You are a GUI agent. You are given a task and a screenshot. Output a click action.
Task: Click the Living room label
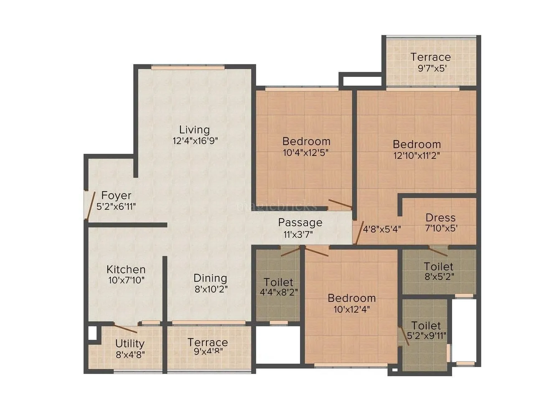click(194, 130)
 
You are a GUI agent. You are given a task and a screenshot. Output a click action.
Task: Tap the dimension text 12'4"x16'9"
click(196, 140)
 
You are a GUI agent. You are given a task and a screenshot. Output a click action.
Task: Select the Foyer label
click(116, 195)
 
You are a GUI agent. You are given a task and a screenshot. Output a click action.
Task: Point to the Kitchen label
click(126, 269)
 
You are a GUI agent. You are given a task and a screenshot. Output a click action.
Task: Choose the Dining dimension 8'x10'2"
click(211, 288)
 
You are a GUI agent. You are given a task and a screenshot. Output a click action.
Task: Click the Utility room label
click(130, 344)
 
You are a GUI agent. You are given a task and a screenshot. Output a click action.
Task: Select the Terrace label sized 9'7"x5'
click(430, 57)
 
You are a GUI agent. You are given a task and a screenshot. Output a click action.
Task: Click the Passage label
click(300, 222)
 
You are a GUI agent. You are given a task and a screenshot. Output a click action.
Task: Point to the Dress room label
click(440, 218)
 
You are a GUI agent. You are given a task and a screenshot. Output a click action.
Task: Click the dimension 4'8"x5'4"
click(382, 229)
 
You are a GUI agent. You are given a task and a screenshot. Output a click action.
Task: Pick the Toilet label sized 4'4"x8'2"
click(278, 282)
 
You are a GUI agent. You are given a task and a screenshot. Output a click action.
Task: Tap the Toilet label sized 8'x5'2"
click(438, 266)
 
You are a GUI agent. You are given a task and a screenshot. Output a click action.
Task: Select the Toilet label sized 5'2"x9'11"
click(426, 325)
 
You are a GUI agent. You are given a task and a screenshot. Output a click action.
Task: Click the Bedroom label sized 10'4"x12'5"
click(306, 141)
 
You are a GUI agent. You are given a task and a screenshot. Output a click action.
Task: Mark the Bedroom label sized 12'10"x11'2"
click(417, 144)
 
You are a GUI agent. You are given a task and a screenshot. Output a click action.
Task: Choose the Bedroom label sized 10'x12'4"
click(351, 298)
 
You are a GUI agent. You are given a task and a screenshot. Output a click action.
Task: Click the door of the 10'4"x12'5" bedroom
click(340, 204)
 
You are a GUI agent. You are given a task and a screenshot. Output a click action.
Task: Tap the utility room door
click(126, 329)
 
